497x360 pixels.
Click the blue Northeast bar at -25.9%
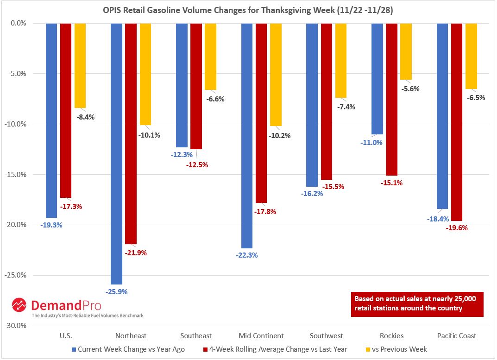tap(116, 153)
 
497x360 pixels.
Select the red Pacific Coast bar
tap(457, 122)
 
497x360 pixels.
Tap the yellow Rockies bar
tap(406, 51)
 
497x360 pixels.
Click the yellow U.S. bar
tap(80, 65)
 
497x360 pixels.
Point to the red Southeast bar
tap(196, 86)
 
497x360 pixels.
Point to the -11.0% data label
tap(371, 142)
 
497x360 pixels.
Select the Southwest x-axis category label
tap(327, 335)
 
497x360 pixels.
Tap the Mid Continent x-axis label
tap(261, 335)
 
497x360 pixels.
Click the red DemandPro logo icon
tap(19, 305)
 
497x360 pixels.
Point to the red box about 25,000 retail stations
tap(417, 303)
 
